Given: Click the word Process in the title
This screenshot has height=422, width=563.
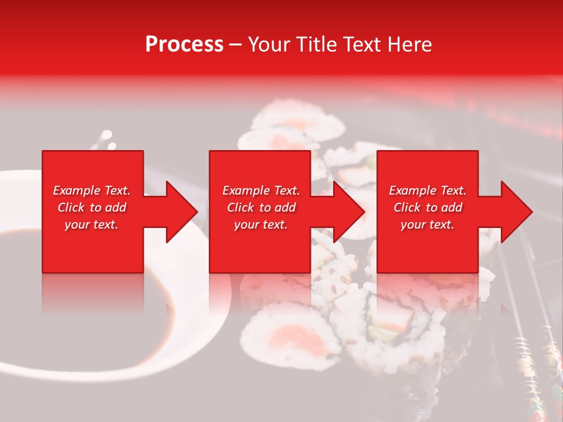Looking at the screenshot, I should [x=184, y=45].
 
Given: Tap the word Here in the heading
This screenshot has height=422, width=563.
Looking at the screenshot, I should [x=409, y=45].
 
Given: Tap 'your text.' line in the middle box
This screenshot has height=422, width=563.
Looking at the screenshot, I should [x=260, y=224].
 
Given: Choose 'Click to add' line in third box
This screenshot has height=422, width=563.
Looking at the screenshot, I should [x=427, y=207].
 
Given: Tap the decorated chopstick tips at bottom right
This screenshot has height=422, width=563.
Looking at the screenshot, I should [x=534, y=375].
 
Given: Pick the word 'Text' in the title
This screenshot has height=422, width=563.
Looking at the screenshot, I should [x=360, y=45].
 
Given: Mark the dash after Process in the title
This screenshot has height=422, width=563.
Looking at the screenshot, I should [x=236, y=45].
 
